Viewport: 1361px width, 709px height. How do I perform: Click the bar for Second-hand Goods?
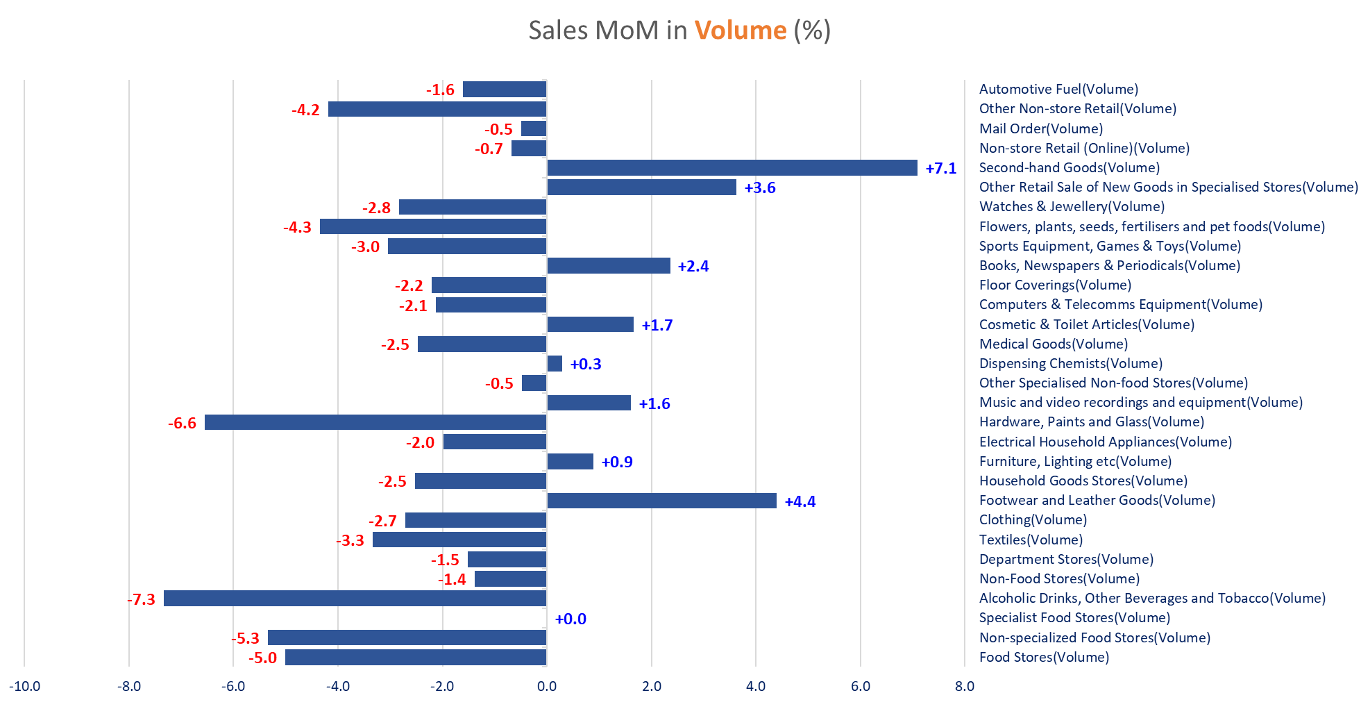tap(732, 167)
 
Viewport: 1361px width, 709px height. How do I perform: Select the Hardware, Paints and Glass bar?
tap(375, 422)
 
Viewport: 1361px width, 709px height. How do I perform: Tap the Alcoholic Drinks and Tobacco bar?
tap(355, 598)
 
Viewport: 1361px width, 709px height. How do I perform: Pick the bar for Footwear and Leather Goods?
tap(661, 501)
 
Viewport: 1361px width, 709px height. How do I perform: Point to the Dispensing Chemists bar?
tap(555, 364)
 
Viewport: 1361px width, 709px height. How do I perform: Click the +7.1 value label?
tap(940, 168)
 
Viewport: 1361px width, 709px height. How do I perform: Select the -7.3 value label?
tap(141, 599)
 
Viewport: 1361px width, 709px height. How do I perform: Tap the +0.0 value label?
tap(570, 619)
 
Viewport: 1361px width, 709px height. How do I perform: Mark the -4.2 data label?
tap(305, 110)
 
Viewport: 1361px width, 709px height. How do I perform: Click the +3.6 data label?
tap(759, 188)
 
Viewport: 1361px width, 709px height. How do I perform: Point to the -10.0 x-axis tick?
tap(24, 687)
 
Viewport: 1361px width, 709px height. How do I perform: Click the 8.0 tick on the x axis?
tap(964, 687)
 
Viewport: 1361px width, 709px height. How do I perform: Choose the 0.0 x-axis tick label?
tap(546, 687)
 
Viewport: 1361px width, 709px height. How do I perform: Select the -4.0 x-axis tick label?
tap(338, 687)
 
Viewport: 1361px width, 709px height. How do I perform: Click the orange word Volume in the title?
tap(741, 31)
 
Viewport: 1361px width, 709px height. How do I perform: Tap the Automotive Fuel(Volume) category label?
tap(1058, 89)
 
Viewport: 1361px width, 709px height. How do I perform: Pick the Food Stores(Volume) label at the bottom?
tap(1044, 657)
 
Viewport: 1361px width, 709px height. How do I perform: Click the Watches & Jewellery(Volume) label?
tap(1072, 206)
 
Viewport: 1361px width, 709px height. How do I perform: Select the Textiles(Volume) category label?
tap(1031, 540)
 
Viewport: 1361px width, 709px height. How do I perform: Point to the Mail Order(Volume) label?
tap(1040, 128)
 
